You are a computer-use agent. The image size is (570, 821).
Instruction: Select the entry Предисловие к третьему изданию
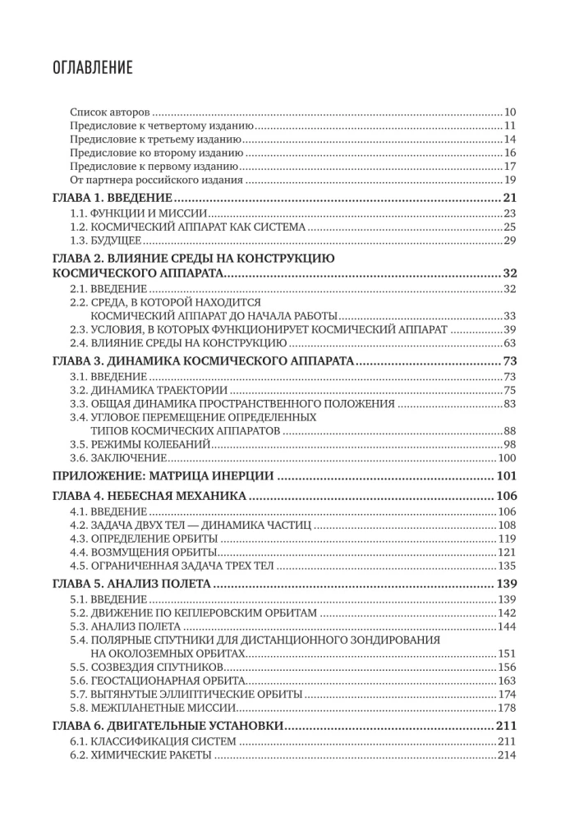tap(159, 139)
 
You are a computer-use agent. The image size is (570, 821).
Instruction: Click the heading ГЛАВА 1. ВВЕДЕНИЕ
tap(111, 198)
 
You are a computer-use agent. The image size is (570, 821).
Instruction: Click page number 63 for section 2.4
tap(508, 342)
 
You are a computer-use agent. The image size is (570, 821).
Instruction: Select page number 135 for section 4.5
tap(506, 566)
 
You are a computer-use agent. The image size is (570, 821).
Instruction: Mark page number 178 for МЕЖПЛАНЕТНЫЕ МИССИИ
tap(506, 708)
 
